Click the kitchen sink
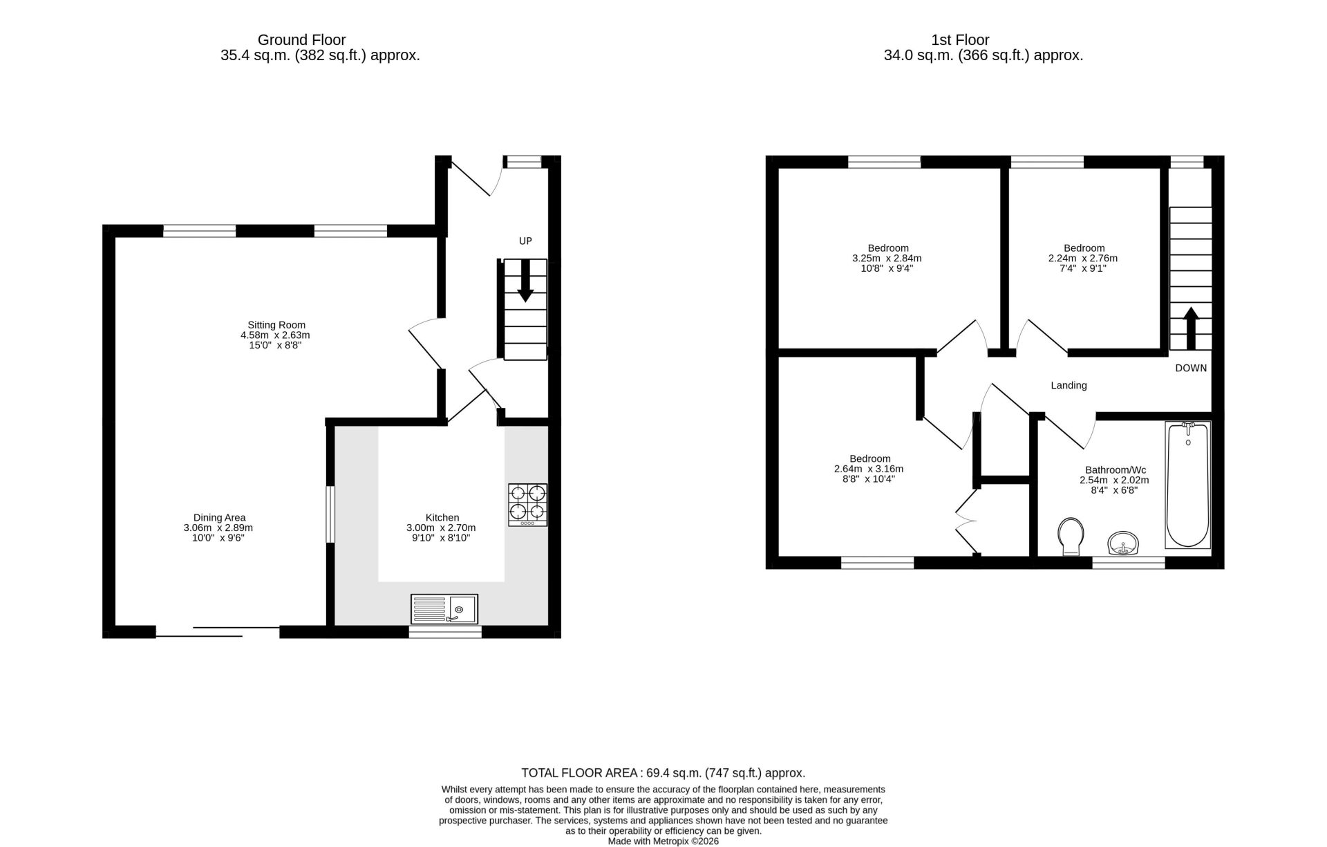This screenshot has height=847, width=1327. coord(444,609)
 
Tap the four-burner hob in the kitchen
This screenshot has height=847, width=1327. coord(528,505)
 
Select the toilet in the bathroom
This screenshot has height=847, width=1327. coord(1071,536)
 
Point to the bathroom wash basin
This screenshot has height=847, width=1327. coord(1124,543)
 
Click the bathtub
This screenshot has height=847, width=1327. coord(1188,485)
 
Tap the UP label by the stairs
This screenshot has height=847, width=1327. coord(525,241)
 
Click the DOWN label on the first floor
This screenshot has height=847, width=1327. coord(1191,368)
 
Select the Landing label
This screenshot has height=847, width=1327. coord(1069,385)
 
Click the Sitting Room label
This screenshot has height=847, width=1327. coord(276,325)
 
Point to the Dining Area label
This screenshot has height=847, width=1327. coord(219,517)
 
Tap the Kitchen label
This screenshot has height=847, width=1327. coord(442,517)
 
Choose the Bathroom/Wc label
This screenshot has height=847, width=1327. coord(1116,469)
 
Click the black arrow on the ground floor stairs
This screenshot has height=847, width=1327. coord(525,281)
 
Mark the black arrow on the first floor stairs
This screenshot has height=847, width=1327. coord(1191,328)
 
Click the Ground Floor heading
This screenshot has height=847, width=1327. coord(301,40)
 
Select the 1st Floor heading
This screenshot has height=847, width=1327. coord(960,40)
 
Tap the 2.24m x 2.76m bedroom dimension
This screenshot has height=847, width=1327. coord(1083,259)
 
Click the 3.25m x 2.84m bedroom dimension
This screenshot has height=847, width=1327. coord(887,259)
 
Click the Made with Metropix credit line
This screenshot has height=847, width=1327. coord(663,841)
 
